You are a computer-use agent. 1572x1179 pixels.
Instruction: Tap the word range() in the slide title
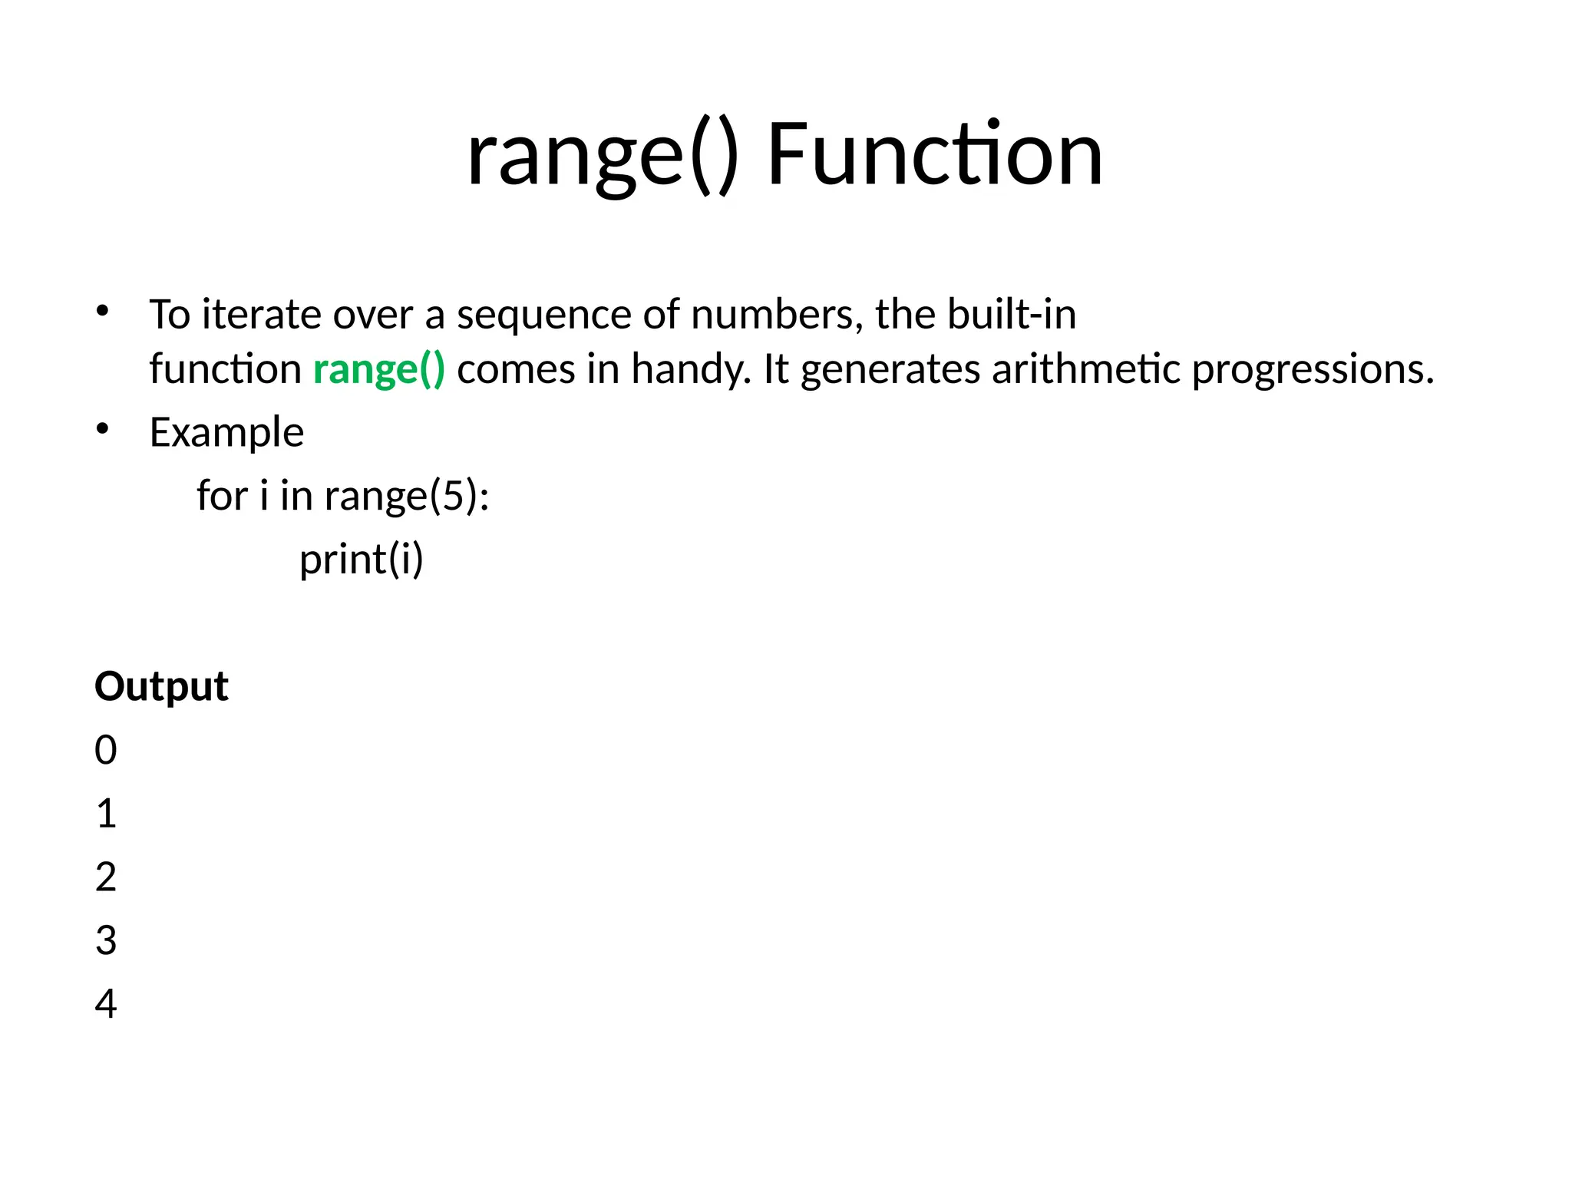coord(603,158)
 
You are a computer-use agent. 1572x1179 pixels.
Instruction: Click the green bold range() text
coord(378,370)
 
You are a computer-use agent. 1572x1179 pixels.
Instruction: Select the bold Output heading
coord(161,686)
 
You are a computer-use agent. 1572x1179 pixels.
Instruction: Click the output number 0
coord(106,750)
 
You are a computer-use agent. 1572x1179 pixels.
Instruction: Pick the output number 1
coord(106,814)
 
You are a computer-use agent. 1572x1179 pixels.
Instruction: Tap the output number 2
coord(106,877)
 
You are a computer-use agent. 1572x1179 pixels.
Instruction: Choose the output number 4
coord(106,1004)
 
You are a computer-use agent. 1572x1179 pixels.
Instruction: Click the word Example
coord(226,433)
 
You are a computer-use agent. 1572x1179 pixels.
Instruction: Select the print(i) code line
coord(361,560)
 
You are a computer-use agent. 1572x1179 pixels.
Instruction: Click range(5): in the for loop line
coord(407,497)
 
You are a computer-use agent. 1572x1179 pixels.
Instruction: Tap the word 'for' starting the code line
coord(222,495)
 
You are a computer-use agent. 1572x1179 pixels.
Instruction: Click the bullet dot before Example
coord(103,430)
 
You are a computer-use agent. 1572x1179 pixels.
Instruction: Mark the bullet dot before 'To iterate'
coord(103,312)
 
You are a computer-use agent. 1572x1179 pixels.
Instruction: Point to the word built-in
coord(1011,315)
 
